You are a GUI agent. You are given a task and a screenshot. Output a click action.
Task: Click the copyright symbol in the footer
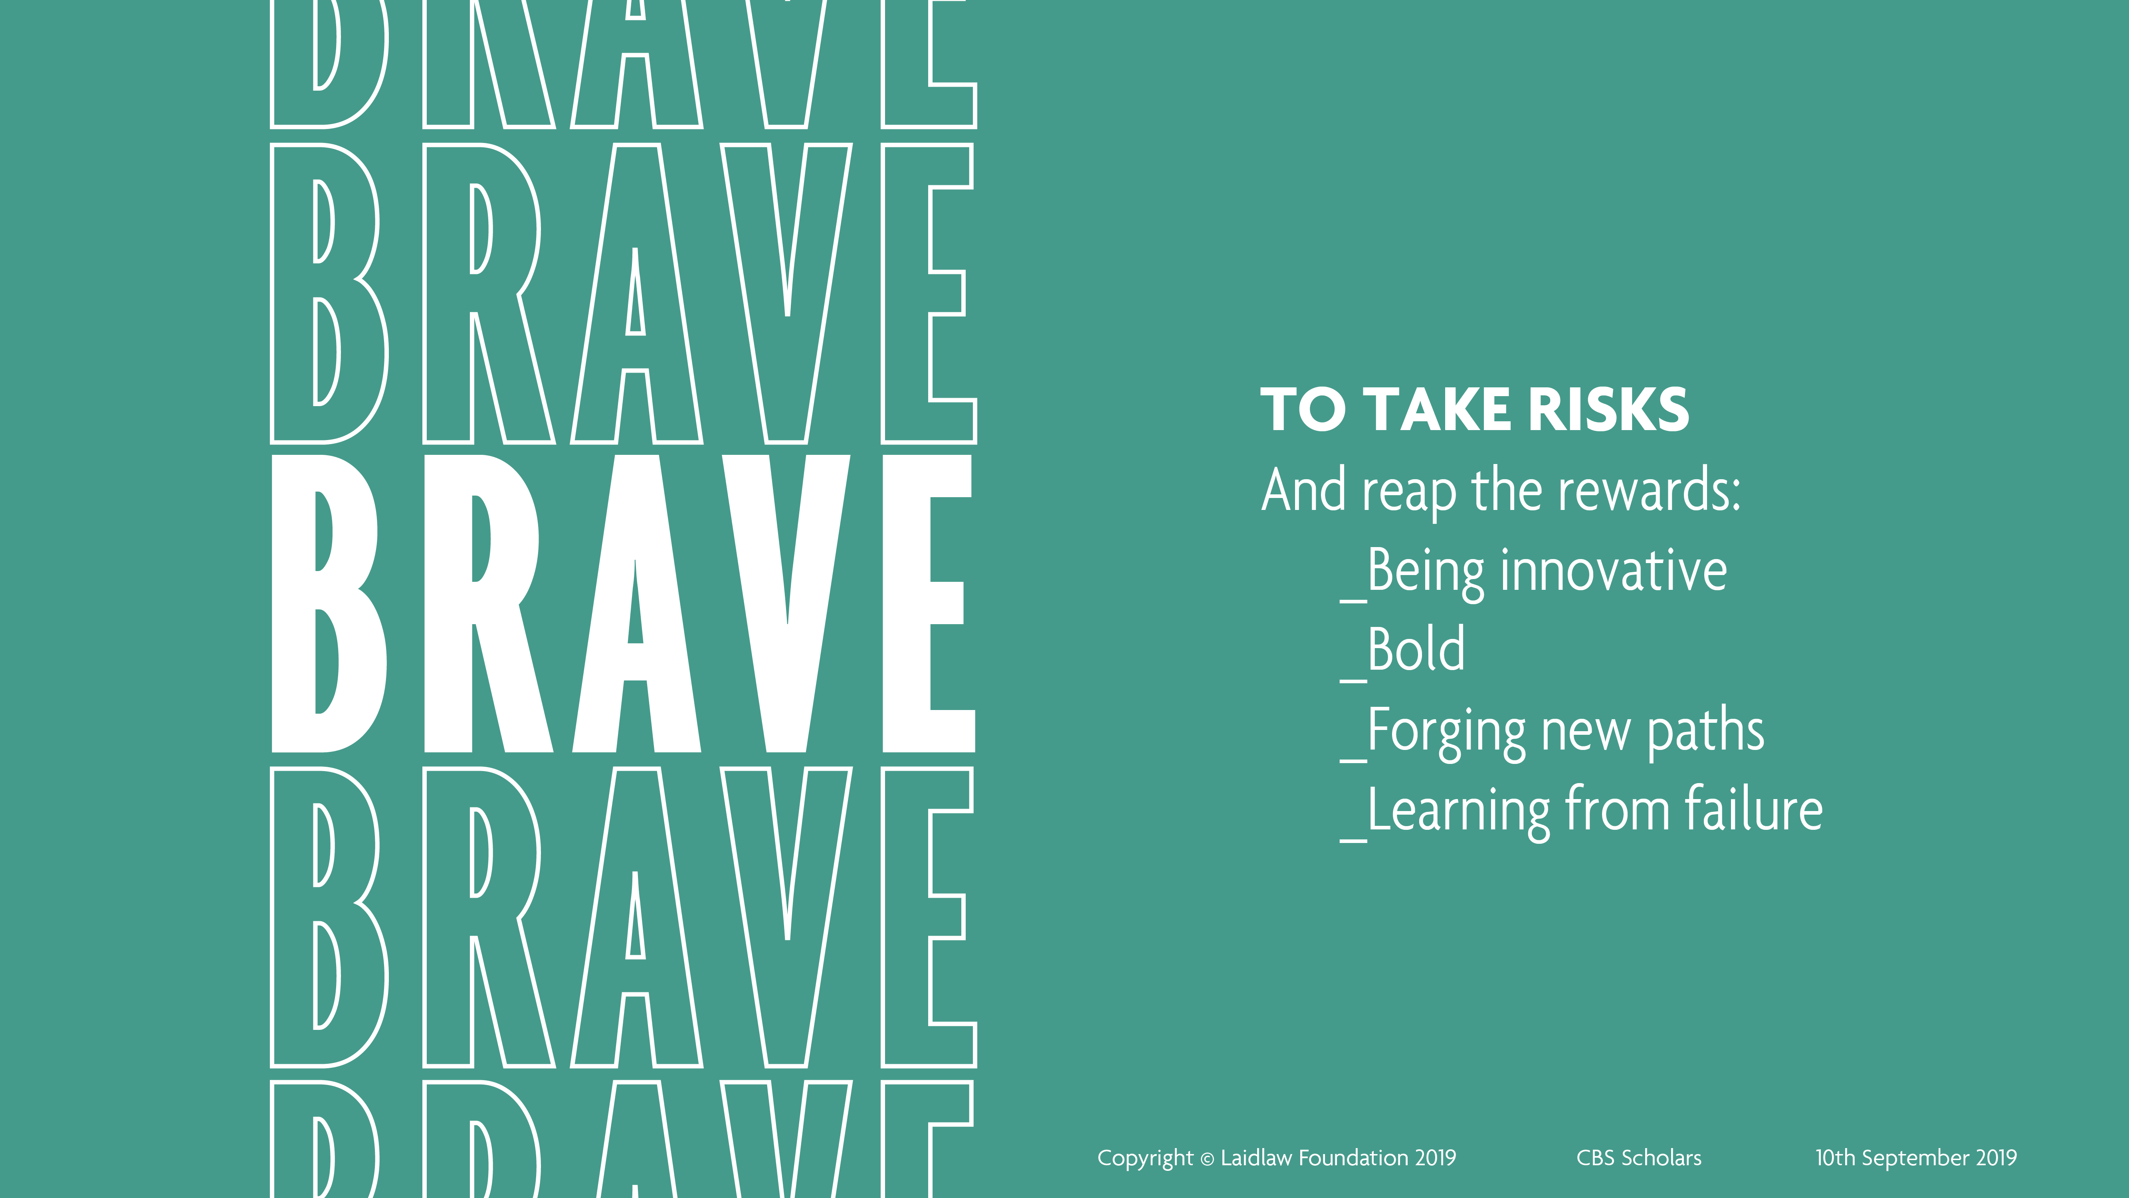click(x=1207, y=1159)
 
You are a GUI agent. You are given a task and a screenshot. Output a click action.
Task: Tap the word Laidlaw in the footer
click(x=1256, y=1158)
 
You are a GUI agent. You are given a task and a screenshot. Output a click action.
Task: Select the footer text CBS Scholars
click(x=1639, y=1158)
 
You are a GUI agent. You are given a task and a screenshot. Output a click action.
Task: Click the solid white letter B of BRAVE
click(x=329, y=603)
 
